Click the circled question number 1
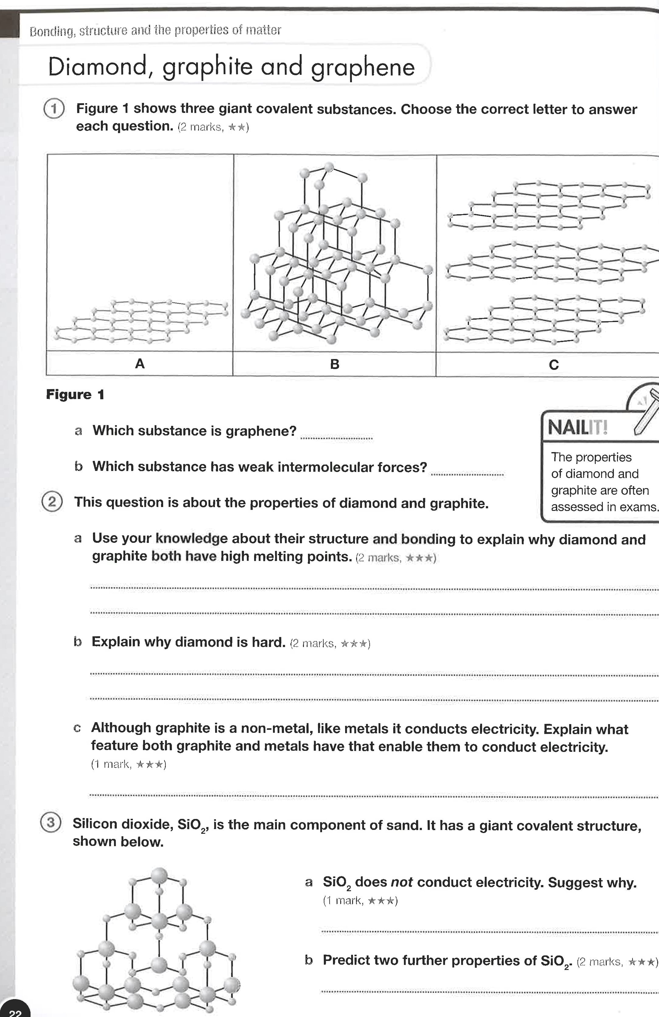coord(54,109)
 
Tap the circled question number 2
coord(52,501)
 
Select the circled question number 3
coord(51,822)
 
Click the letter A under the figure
coord(140,364)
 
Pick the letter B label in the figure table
coord(335,364)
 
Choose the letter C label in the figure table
coord(553,365)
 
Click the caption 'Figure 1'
coord(75,394)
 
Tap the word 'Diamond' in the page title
coord(97,68)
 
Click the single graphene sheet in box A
coord(141,321)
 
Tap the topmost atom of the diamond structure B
coord(328,167)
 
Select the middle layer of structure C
coord(551,263)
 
